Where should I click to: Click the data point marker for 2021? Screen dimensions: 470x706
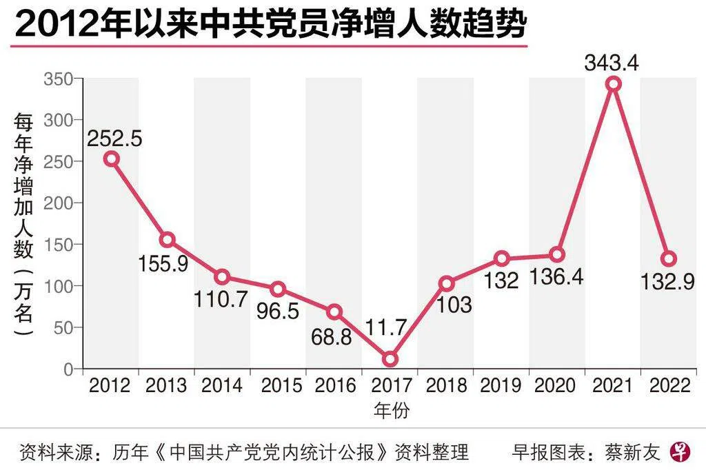[613, 84]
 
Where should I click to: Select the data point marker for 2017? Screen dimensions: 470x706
[390, 359]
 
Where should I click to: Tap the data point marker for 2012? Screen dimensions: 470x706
[111, 159]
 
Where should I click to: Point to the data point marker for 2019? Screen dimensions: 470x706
[502, 259]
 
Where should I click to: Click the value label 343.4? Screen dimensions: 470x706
[612, 63]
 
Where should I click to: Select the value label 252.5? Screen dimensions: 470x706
[114, 139]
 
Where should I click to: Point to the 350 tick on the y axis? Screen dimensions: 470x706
[59, 79]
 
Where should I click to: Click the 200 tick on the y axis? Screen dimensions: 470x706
[59, 203]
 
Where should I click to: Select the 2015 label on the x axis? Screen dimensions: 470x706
[279, 385]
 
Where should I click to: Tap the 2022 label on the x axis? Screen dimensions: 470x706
[669, 385]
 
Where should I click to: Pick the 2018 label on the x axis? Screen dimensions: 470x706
[446, 385]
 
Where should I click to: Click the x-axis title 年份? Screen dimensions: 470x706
[392, 411]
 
